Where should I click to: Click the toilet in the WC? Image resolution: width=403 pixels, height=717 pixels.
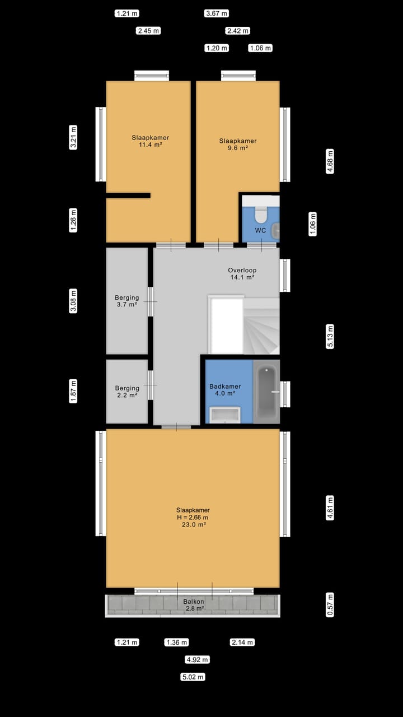[261, 214]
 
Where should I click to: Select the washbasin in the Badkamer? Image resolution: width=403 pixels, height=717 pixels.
[224, 415]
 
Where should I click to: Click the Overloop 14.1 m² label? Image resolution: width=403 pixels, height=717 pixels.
[242, 273]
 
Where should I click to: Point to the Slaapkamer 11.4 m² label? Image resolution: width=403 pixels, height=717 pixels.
[151, 141]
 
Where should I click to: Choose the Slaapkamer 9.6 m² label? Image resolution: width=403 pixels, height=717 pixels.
[237, 145]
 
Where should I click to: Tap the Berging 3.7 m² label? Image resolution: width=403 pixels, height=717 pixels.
[127, 301]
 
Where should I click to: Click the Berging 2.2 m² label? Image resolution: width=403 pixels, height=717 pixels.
[127, 392]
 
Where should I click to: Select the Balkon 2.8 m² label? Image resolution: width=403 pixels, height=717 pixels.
[193, 604]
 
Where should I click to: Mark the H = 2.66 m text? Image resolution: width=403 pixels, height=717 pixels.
[193, 518]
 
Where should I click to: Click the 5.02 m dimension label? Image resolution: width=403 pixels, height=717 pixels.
[193, 677]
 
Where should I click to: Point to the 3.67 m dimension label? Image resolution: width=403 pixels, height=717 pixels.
[217, 13]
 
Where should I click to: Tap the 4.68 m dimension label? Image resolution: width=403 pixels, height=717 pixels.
[330, 161]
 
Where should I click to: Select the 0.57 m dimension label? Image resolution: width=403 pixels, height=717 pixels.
[330, 604]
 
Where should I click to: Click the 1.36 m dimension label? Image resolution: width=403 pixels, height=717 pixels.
[176, 642]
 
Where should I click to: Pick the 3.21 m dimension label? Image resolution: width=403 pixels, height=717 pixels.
[73, 138]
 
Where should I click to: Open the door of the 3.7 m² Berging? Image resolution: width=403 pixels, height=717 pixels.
[151, 301]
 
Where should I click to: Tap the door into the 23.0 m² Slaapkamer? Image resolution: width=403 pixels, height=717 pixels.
[176, 427]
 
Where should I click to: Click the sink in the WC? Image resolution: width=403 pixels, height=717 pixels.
[275, 230]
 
